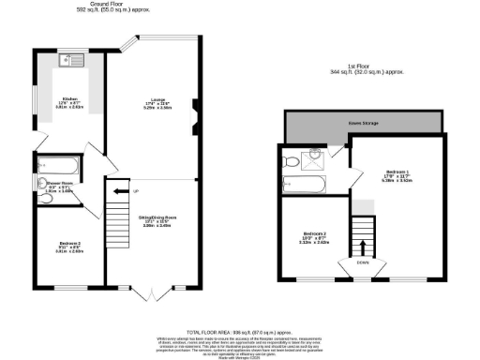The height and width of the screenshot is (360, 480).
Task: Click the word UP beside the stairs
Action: [137, 192]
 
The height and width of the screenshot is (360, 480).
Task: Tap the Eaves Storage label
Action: [364, 123]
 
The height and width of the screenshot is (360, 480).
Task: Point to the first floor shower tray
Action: [319, 158]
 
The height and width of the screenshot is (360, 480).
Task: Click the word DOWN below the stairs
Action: [362, 264]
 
